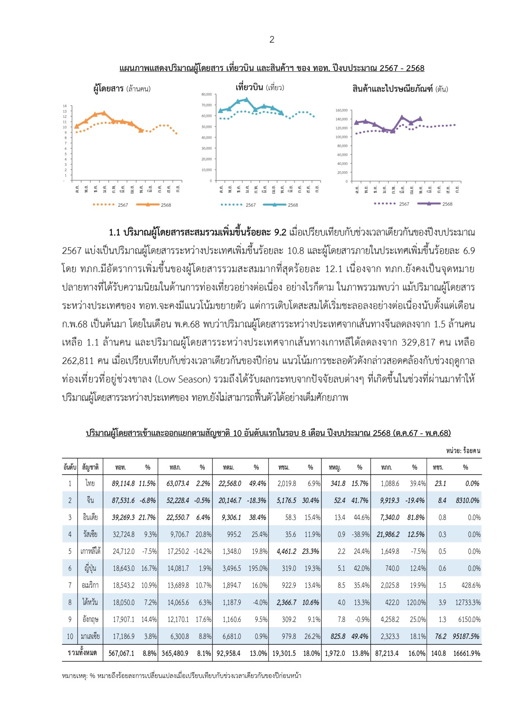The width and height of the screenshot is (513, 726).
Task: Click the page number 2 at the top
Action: click(x=272, y=40)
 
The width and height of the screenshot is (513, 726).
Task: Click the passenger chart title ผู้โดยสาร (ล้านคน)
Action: click(x=122, y=89)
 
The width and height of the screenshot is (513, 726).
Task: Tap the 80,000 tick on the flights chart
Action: click(x=207, y=94)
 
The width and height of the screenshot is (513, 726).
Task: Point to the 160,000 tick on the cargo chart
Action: click(x=342, y=110)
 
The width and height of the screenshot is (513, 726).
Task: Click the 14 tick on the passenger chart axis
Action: click(x=65, y=106)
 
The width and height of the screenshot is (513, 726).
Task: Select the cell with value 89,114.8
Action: click(x=123, y=484)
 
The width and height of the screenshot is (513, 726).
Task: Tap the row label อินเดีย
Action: click(x=90, y=518)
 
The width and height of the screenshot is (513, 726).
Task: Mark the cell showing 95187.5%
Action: click(x=466, y=636)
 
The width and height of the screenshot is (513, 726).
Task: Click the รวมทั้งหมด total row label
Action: click(x=82, y=653)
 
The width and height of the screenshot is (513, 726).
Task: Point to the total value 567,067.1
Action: click(x=122, y=653)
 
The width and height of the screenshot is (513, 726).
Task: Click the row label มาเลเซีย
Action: click(x=90, y=636)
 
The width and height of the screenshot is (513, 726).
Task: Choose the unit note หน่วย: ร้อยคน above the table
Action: click(x=463, y=451)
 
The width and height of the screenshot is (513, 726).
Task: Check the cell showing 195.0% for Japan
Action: click(x=258, y=568)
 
